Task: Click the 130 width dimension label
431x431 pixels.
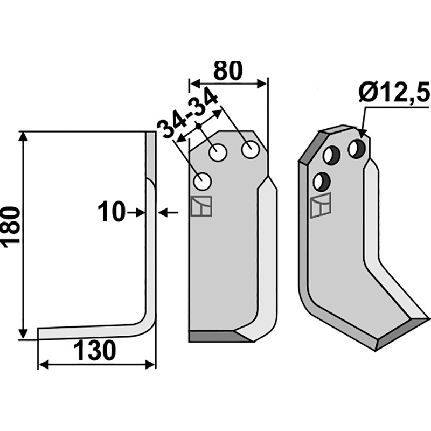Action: (x=95, y=351)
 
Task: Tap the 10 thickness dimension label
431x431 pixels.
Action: (x=111, y=212)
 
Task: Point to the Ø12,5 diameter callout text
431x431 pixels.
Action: (x=394, y=92)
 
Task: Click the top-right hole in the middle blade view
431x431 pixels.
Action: (x=250, y=150)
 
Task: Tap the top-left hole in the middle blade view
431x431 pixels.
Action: (x=218, y=152)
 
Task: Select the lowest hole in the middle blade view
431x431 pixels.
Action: (x=202, y=181)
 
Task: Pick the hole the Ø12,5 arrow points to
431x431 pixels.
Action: (x=357, y=149)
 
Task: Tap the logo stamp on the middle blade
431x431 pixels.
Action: (x=201, y=206)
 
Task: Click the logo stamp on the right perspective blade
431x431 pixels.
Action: (x=321, y=205)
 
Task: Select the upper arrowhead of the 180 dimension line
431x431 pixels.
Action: (x=24, y=137)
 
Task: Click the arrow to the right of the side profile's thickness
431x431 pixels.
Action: (x=168, y=212)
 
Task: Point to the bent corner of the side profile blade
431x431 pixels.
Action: (x=147, y=324)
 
